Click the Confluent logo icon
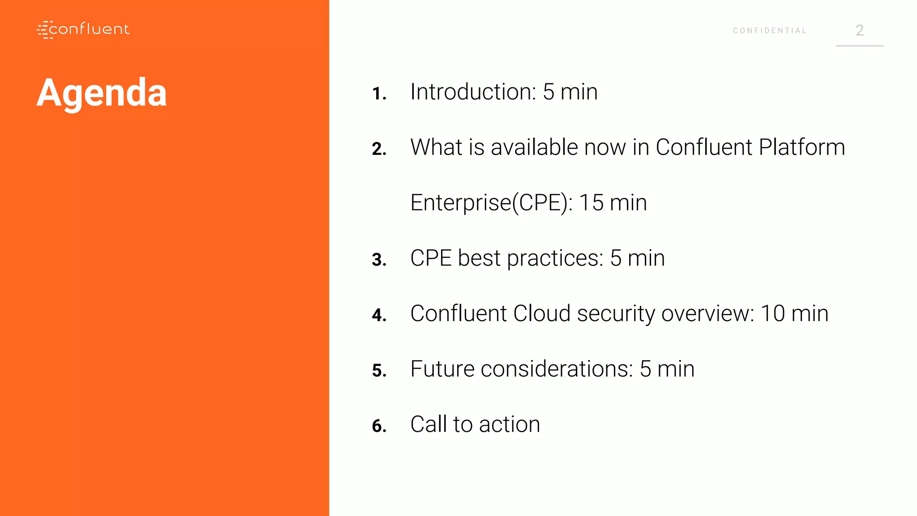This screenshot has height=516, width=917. pos(45,30)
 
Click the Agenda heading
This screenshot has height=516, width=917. pos(102,93)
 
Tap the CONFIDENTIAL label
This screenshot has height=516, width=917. pos(769,31)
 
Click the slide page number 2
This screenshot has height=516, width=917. pos(859,30)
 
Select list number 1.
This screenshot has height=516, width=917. pos(379,94)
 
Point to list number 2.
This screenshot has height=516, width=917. pos(379,149)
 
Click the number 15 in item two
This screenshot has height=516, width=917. pos(591,203)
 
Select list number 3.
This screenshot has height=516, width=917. pos(379,260)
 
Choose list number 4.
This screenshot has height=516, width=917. pos(379,315)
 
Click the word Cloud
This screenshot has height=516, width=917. pos(542,314)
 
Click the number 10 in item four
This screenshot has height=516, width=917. pos(772,314)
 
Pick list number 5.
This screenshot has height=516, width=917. pos(379,371)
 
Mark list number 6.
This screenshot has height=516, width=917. pos(379,426)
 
